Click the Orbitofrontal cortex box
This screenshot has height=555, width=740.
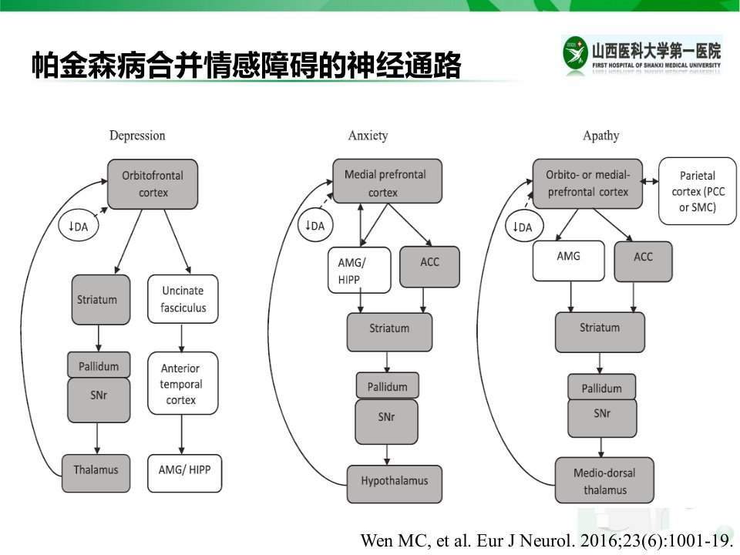[153, 184]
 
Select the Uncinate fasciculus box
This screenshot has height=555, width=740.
[183, 299]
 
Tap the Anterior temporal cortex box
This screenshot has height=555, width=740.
[183, 383]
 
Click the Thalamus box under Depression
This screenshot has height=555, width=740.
[96, 473]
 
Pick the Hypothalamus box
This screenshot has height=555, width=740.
[395, 484]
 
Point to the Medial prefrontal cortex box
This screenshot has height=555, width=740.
[388, 181]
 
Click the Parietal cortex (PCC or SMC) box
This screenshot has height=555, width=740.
[698, 191]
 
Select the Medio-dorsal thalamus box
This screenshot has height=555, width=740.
[604, 480]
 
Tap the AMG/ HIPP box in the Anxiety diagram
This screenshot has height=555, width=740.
[359, 270]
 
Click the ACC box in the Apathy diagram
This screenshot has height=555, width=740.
[643, 261]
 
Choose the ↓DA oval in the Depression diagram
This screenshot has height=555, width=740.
[79, 226]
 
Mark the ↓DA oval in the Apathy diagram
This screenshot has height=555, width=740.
[524, 227]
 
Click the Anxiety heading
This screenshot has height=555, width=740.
[368, 136]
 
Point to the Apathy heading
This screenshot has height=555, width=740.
[600, 136]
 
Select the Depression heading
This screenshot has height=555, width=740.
[137, 136]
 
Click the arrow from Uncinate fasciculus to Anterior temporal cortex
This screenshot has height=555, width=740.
[182, 338]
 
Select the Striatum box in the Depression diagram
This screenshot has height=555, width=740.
[101, 300]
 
